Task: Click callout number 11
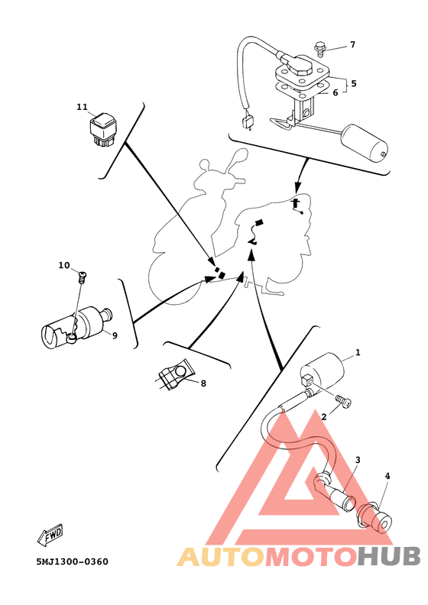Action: tap(83, 107)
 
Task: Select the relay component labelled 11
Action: tap(102, 129)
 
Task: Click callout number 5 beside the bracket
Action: tap(353, 83)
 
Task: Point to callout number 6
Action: tap(335, 92)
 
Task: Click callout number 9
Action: tap(115, 335)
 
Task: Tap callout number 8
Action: tap(203, 383)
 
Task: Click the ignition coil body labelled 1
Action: tap(323, 370)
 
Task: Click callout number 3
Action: tap(358, 460)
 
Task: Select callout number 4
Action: tap(387, 476)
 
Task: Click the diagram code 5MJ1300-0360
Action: tap(73, 561)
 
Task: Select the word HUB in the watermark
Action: tap(388, 557)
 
